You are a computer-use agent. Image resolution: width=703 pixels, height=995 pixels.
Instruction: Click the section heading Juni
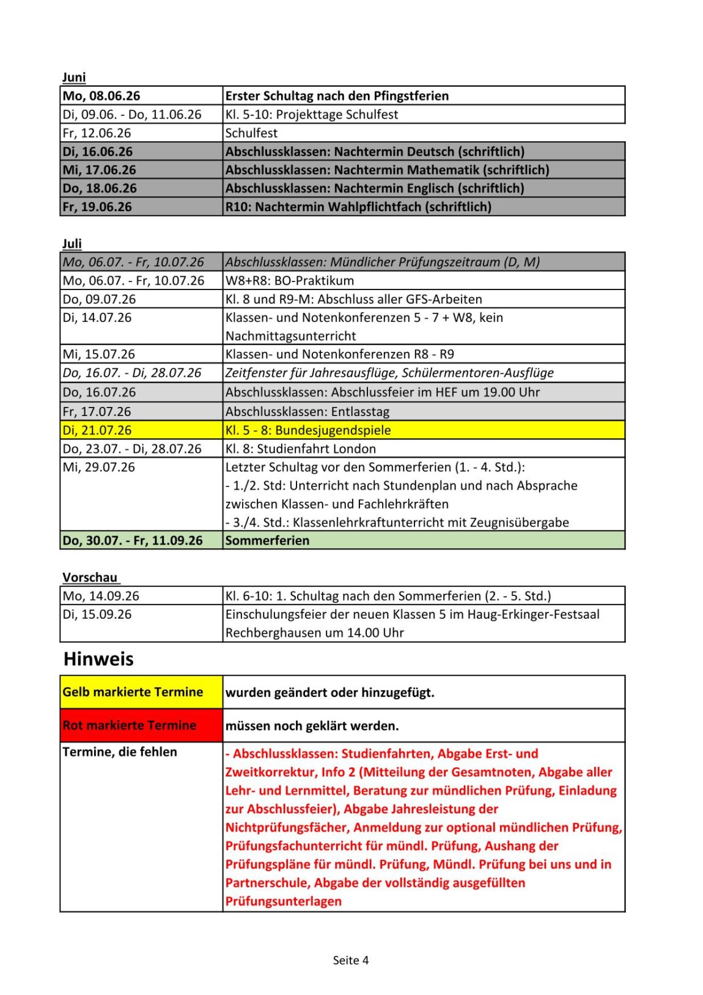pos(74,77)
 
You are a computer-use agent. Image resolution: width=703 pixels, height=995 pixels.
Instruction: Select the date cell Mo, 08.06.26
pos(101,96)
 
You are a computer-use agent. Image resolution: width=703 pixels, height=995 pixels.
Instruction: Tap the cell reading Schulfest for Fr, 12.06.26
pos(251,133)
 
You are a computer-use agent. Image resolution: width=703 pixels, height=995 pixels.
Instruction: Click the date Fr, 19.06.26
pos(97,207)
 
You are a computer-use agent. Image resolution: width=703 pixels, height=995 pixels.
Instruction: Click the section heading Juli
pos(72,244)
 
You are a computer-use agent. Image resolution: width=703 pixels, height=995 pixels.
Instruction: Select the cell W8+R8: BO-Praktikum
pos(290,281)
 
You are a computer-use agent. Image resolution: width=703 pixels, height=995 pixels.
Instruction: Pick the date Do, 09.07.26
pos(100,299)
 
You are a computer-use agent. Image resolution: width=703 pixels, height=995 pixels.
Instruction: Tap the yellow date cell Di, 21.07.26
pos(97,430)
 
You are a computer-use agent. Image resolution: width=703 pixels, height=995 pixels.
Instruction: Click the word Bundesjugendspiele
pos(333,430)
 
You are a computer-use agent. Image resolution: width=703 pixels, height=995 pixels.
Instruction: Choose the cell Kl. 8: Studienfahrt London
pos(301,449)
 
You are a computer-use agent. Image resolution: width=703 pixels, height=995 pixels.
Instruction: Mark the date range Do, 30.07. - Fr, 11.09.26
pos(133,540)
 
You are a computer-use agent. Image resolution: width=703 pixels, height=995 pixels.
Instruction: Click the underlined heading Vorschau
pos(90,577)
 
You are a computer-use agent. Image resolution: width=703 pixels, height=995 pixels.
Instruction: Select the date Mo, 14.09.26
pos(101,595)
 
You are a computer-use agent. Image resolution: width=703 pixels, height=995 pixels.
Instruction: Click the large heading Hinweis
pos(98,659)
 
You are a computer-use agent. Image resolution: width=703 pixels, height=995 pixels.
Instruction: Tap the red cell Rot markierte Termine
pos(130,725)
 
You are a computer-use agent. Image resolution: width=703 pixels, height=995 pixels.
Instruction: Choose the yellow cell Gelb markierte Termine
pos(133,692)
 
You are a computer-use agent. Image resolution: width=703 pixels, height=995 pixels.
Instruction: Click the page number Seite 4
pos(351,960)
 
